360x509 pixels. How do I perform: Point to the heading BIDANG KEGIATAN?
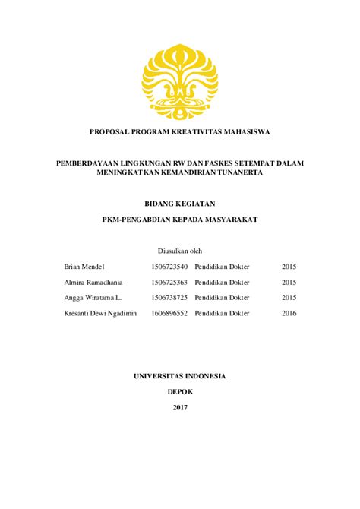(x=181, y=203)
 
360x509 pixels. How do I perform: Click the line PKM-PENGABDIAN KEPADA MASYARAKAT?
(x=180, y=220)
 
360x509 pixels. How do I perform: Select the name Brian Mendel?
(x=85, y=267)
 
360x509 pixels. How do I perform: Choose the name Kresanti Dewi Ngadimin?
(x=102, y=312)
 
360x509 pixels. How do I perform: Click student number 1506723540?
(x=169, y=267)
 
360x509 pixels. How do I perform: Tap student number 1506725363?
(x=169, y=282)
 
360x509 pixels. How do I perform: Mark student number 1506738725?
(x=169, y=297)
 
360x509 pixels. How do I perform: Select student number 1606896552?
(x=169, y=312)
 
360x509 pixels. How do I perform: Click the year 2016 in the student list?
(x=289, y=312)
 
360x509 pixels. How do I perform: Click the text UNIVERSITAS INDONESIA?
(x=180, y=375)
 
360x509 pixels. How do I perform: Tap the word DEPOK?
(x=180, y=391)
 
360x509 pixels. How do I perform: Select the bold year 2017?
(x=180, y=407)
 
